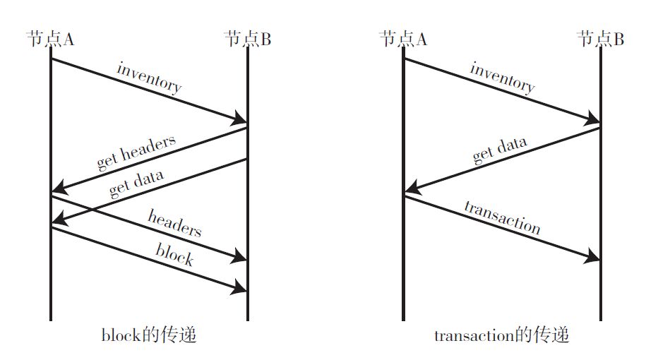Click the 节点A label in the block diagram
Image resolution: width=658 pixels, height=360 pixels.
click(50, 39)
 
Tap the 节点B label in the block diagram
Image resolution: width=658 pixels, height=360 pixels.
click(247, 39)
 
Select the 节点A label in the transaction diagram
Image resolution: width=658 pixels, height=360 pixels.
click(403, 39)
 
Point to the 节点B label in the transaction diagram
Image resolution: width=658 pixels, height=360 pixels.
click(600, 39)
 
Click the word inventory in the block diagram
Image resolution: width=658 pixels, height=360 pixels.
click(149, 78)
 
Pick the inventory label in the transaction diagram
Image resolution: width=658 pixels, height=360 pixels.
click(502, 78)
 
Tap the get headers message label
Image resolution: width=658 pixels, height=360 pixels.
click(136, 152)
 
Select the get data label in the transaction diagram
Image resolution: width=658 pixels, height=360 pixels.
click(500, 150)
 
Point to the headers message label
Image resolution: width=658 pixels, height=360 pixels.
click(174, 222)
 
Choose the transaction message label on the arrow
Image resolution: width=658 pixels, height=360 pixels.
click(502, 217)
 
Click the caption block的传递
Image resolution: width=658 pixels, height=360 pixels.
click(149, 335)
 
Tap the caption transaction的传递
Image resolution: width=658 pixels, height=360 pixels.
click(502, 335)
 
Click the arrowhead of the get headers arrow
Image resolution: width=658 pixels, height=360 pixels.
click(59, 188)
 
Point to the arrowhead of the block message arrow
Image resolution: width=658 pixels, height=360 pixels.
click(240, 287)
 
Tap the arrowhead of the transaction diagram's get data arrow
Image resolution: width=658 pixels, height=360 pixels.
click(412, 188)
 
